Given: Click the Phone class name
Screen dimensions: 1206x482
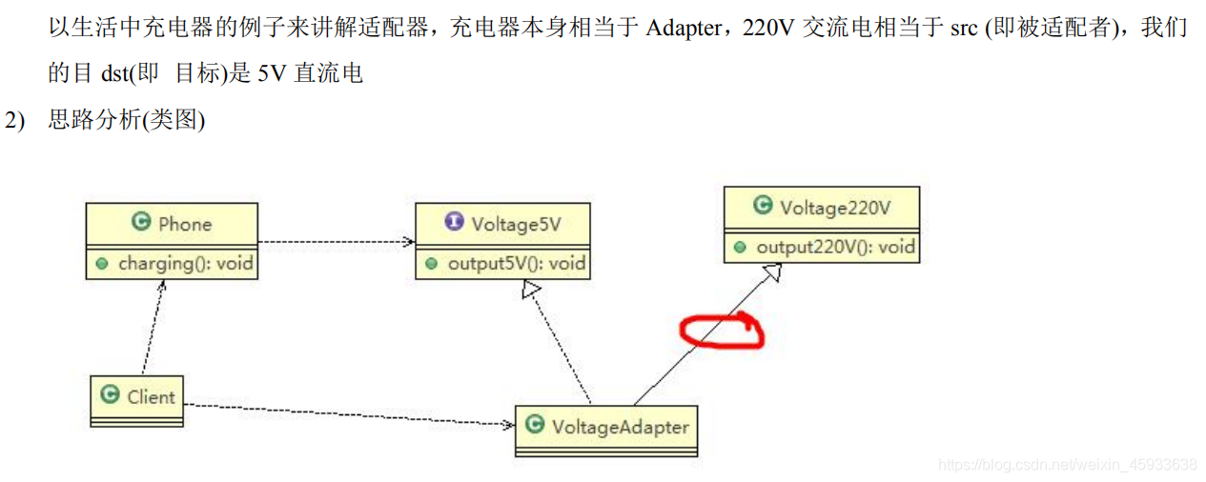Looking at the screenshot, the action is pos(185,224).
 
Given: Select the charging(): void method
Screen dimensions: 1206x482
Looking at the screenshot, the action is pos(186,263).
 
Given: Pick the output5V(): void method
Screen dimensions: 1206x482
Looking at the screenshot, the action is pos(517,263).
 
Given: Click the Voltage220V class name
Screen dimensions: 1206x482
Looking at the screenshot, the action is pos(835,207).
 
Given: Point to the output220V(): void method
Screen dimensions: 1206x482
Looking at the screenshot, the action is pos(835,247).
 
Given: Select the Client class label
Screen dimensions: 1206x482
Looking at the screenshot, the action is pos(152,395).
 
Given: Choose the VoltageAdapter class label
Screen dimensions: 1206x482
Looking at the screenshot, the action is pos(620,426).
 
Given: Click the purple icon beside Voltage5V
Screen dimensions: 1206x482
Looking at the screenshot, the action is pos(454,222).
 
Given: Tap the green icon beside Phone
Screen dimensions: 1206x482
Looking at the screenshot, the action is pos(141,223).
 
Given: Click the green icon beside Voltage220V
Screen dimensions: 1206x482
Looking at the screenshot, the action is pos(762,206).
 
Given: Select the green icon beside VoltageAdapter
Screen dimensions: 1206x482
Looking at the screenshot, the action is pos(535,425).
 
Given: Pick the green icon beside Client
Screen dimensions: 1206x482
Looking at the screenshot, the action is pos(110,394).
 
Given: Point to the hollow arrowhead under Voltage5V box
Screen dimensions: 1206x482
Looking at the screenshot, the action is pos(531,290).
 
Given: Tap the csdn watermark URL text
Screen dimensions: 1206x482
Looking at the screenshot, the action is pos(1067,465).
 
